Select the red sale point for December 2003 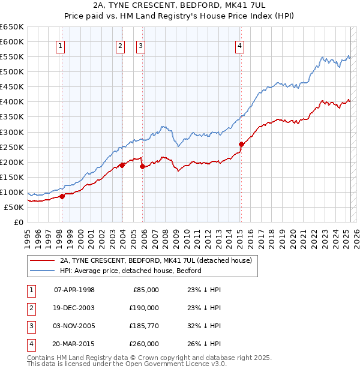point(122,164)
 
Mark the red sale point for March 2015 point(241,144)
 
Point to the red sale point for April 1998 point(62,196)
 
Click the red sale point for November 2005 point(142,167)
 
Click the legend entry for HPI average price point(130,271)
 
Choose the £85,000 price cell point(146,290)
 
